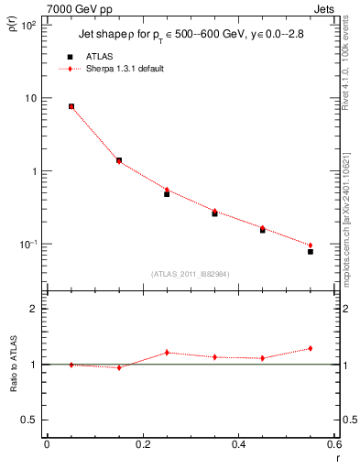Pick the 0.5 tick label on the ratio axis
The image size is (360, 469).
[x=29, y=420]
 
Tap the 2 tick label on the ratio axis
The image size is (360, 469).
[x=33, y=309]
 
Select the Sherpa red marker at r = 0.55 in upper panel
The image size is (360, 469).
[x=311, y=245]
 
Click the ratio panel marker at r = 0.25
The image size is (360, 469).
[x=167, y=353]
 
